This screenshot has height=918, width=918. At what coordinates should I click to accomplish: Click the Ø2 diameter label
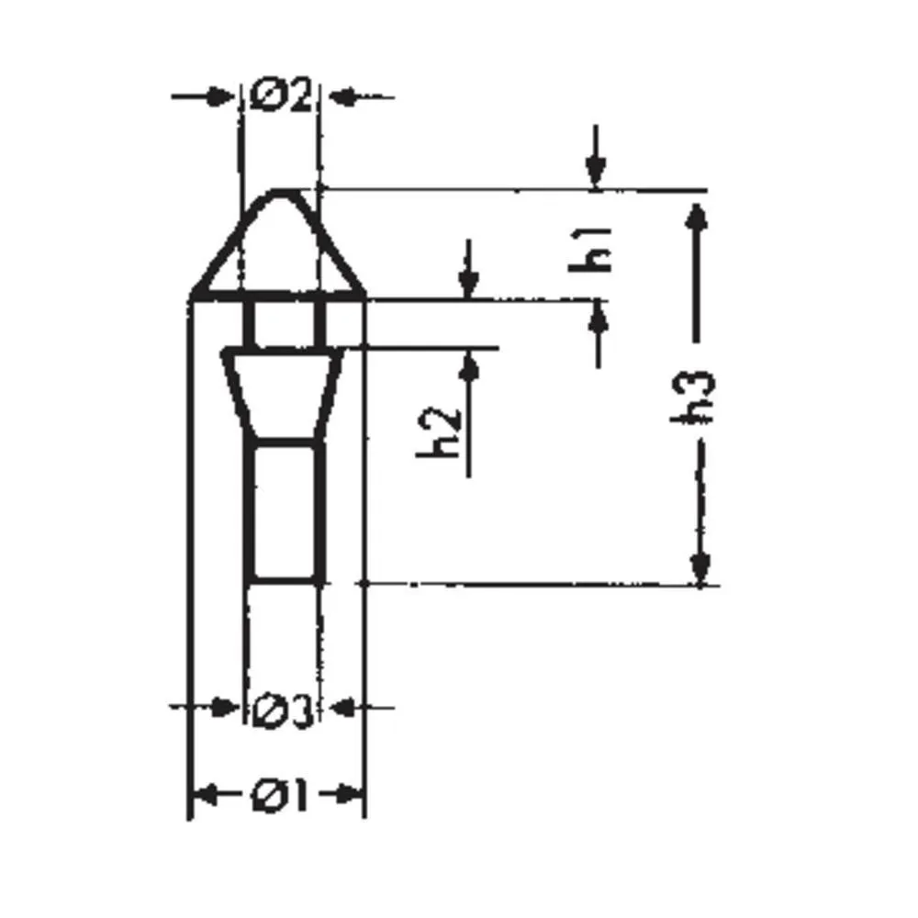280,95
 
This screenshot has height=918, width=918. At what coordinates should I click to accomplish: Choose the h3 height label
698,397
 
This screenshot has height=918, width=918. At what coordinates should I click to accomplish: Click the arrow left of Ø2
217,95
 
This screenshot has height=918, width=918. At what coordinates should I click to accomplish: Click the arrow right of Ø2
344,95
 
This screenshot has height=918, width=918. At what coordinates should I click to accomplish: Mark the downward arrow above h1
596,169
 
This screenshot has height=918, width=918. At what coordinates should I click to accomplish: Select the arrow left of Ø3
220,707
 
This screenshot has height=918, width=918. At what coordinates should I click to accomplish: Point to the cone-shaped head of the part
279,248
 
